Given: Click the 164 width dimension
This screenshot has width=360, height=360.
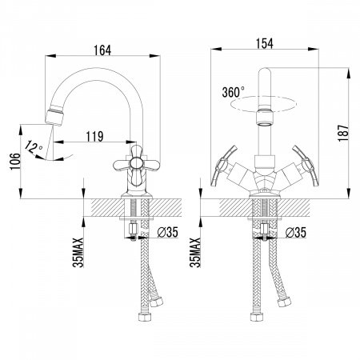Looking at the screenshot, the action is (102, 50).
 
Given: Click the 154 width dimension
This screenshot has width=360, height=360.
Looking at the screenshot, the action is (265, 43).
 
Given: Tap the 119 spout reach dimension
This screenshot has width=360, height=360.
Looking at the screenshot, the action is (95, 137).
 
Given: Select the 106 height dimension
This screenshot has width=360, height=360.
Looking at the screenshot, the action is (15, 162).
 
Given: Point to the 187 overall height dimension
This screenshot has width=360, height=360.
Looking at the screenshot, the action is (343, 133).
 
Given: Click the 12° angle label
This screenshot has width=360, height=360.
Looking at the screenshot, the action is (34, 147).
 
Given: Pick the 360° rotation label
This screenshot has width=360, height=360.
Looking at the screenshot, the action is (233, 92).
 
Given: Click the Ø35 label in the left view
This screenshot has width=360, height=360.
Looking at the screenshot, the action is (167, 232).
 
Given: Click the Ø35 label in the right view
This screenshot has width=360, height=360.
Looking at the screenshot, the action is (295, 232).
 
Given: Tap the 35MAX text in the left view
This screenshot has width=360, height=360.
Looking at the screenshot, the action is (78, 252).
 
